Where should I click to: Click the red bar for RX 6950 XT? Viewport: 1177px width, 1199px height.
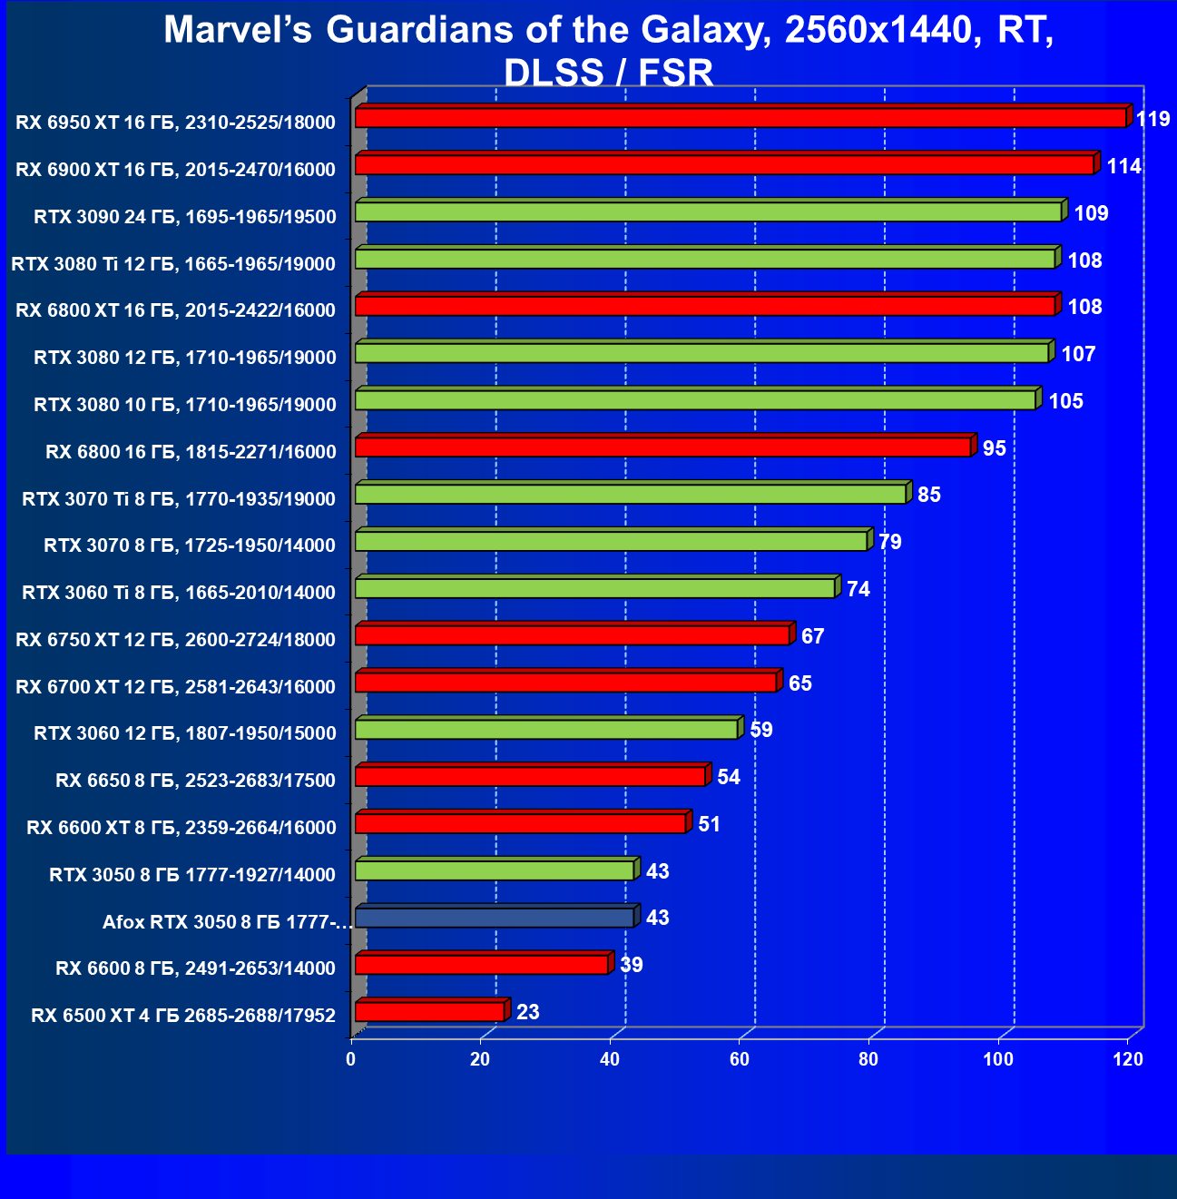[x=740, y=118]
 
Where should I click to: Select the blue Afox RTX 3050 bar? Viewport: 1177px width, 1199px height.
[x=495, y=918]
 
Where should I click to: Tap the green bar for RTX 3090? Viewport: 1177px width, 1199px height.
[x=708, y=212]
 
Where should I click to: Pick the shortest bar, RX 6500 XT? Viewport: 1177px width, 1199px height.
[x=430, y=1011]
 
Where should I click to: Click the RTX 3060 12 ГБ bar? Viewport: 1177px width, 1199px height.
[x=546, y=730]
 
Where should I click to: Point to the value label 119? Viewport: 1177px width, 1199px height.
[x=1152, y=119]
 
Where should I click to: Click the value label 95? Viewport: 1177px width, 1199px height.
[x=994, y=448]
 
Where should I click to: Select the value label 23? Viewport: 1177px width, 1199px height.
[x=527, y=1012]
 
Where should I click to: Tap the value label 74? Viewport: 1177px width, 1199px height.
[x=858, y=589]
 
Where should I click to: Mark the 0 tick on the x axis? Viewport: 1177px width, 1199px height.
[x=351, y=1060]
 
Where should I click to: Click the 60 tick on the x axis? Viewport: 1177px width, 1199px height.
[x=740, y=1060]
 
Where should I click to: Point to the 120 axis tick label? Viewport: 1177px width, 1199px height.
[x=1128, y=1060]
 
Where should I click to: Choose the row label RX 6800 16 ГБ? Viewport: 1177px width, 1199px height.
[x=191, y=452]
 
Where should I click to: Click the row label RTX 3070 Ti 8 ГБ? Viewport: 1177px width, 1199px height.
[x=179, y=499]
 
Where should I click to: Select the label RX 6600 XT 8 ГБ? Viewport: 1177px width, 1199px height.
[x=181, y=828]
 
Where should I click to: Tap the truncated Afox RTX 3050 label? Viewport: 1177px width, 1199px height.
[x=226, y=922]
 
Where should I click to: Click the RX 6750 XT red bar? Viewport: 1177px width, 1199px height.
[x=572, y=635]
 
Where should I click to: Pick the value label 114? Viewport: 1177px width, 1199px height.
[x=1123, y=166]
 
